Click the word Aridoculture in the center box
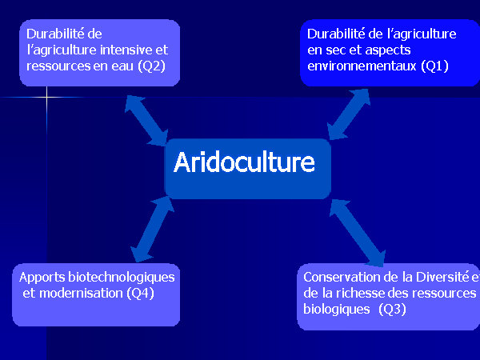244,162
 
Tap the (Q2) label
151,66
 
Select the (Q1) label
434,66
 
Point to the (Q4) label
140,294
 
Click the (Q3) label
392,309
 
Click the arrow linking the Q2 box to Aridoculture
146,120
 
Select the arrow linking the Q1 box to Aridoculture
349,114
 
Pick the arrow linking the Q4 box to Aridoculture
152,230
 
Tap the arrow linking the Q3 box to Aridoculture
358,233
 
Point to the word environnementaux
362,66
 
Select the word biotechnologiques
122,278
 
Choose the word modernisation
81,294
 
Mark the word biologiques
337,310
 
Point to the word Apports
42,278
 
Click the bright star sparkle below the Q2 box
47,98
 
